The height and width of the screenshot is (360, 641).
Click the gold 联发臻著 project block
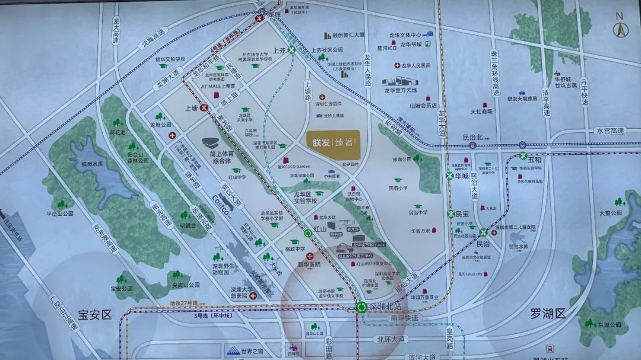[333, 141]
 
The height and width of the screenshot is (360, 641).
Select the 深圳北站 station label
[386, 307]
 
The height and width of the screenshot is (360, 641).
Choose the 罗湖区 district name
[547, 314]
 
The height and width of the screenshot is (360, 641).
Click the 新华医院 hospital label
[309, 264]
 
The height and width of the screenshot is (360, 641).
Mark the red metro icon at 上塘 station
[204, 108]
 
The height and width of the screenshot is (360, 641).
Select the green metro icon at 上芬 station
[292, 51]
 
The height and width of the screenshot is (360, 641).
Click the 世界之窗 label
[252, 351]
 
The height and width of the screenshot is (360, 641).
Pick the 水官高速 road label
[610, 130]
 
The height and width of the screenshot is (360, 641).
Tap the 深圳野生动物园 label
[220, 270]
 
